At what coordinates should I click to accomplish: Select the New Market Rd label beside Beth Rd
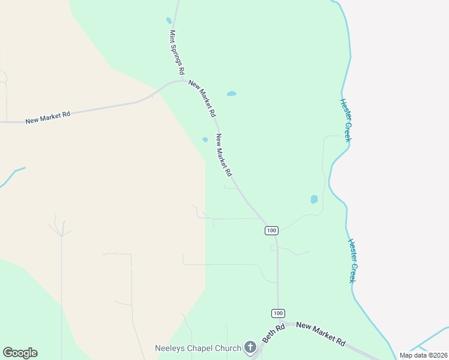point(321,334)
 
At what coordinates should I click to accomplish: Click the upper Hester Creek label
point(345,120)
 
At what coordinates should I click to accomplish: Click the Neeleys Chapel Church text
point(198,347)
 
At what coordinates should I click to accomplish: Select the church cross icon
point(250,347)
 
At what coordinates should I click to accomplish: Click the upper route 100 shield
point(271,230)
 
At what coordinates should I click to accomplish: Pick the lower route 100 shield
point(277,313)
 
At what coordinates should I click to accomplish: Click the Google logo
point(20,353)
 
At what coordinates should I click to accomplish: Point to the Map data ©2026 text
point(423,355)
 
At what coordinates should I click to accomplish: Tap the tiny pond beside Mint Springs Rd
point(169,20)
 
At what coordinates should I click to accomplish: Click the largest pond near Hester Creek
point(313,199)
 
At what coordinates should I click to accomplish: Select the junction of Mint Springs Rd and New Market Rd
point(181,80)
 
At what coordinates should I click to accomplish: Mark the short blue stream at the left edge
point(12,175)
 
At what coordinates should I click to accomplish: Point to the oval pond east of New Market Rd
point(231,94)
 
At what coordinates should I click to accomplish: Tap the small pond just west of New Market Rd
point(205,140)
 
